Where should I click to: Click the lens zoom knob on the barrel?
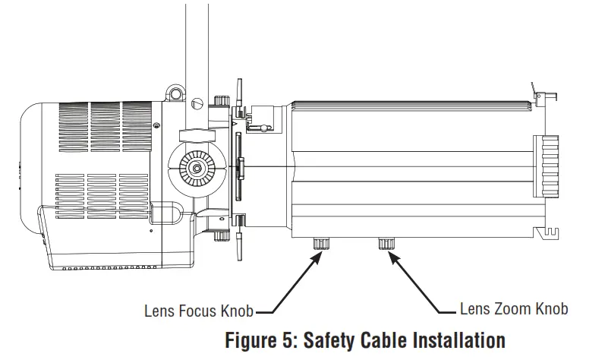pyautogui.click(x=386, y=244)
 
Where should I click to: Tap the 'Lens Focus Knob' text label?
pyautogui.click(x=198, y=310)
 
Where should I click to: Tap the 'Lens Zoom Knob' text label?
pyautogui.click(x=514, y=309)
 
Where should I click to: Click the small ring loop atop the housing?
pyautogui.click(x=175, y=93)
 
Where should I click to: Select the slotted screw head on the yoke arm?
pyautogui.click(x=200, y=100)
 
